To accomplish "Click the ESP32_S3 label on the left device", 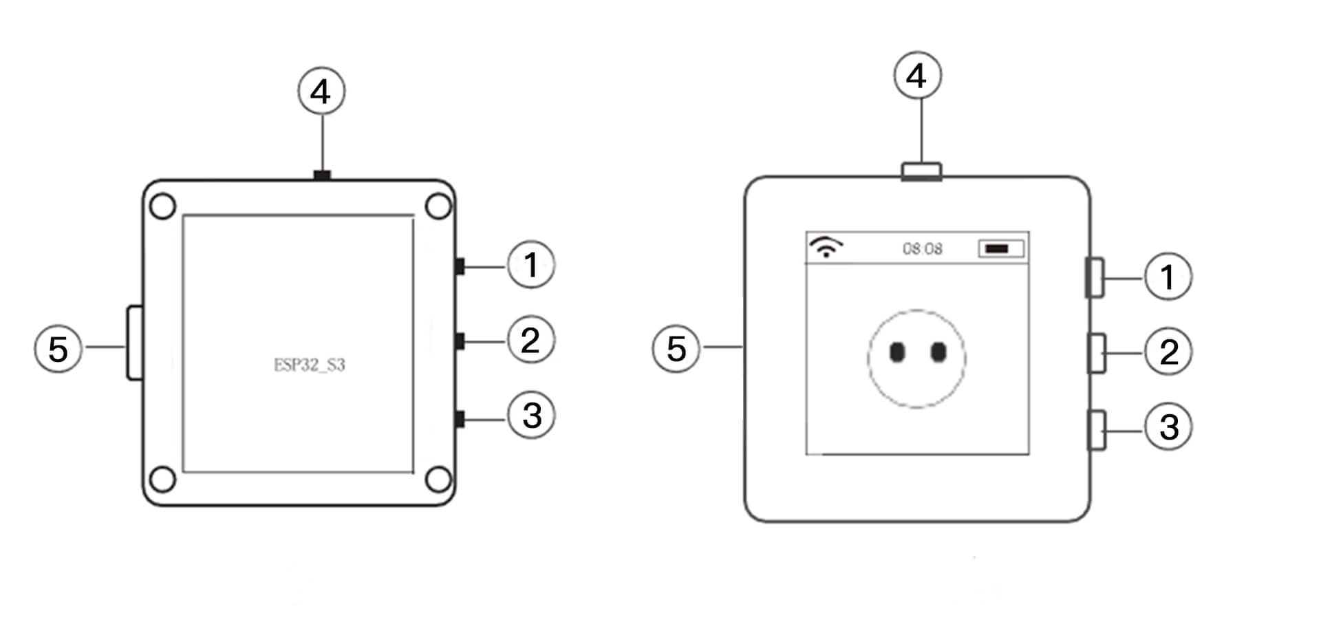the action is pyautogui.click(x=310, y=365).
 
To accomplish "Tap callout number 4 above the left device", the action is pyautogui.click(x=321, y=91).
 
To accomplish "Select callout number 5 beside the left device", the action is pyautogui.click(x=58, y=348).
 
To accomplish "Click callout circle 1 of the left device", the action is pyautogui.click(x=531, y=264).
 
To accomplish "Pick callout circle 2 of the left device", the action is pyautogui.click(x=531, y=339).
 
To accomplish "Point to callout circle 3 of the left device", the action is pyautogui.click(x=531, y=415).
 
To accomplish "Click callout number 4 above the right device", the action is pyautogui.click(x=918, y=75).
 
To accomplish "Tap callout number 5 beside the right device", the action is pyautogui.click(x=676, y=348).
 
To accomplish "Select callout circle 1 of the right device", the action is pyautogui.click(x=1168, y=277).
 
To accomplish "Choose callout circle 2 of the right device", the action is pyautogui.click(x=1168, y=352).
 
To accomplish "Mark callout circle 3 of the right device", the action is pyautogui.click(x=1168, y=427).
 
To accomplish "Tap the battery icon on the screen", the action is pyautogui.click(x=1001, y=248).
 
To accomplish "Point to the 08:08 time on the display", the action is pyautogui.click(x=923, y=248).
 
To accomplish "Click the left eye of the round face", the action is pyautogui.click(x=897, y=352).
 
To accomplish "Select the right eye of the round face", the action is pyautogui.click(x=938, y=352).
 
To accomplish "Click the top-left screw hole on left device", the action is pyautogui.click(x=162, y=206).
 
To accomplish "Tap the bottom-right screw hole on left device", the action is pyautogui.click(x=438, y=480).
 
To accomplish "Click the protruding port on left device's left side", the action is pyautogui.click(x=134, y=343).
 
